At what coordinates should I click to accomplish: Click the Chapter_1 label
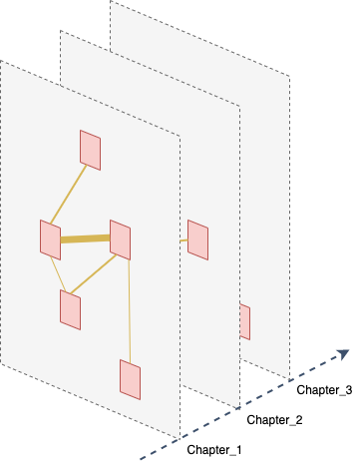(214, 450)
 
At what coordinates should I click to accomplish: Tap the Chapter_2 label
(274, 420)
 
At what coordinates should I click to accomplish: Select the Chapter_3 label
(324, 390)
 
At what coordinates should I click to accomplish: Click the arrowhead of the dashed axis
(343, 354)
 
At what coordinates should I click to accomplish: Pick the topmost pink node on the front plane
(90, 150)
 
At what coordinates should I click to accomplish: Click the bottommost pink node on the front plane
(130, 379)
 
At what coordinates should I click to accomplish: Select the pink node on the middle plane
(197, 239)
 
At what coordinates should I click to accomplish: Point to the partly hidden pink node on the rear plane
(245, 322)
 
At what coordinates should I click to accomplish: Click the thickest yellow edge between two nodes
(85, 238)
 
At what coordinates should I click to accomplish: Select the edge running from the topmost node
(69, 195)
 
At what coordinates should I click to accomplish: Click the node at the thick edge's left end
(50, 239)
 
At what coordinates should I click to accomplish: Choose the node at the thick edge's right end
(120, 239)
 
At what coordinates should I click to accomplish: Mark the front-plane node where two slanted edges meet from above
(70, 309)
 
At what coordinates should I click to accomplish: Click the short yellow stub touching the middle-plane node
(183, 240)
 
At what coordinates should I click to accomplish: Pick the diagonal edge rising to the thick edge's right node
(94, 274)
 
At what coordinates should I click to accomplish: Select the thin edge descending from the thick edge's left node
(58, 274)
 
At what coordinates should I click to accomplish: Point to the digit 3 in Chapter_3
(349, 389)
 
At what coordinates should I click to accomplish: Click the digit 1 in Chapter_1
(238, 450)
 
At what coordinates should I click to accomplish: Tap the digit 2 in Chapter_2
(299, 420)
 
